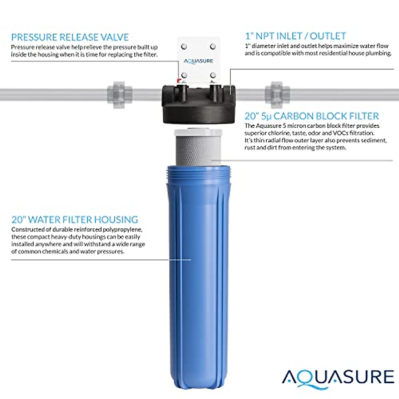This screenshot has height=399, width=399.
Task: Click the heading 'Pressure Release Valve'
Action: pos(70,37)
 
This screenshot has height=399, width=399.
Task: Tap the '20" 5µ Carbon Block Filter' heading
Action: pos(312,116)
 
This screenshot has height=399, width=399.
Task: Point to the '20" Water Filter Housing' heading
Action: pos(75,219)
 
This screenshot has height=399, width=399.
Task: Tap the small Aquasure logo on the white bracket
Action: pos(199,61)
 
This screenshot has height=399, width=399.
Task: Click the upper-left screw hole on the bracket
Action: pos(184,46)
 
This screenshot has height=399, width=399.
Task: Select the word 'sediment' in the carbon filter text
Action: pos(374,140)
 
